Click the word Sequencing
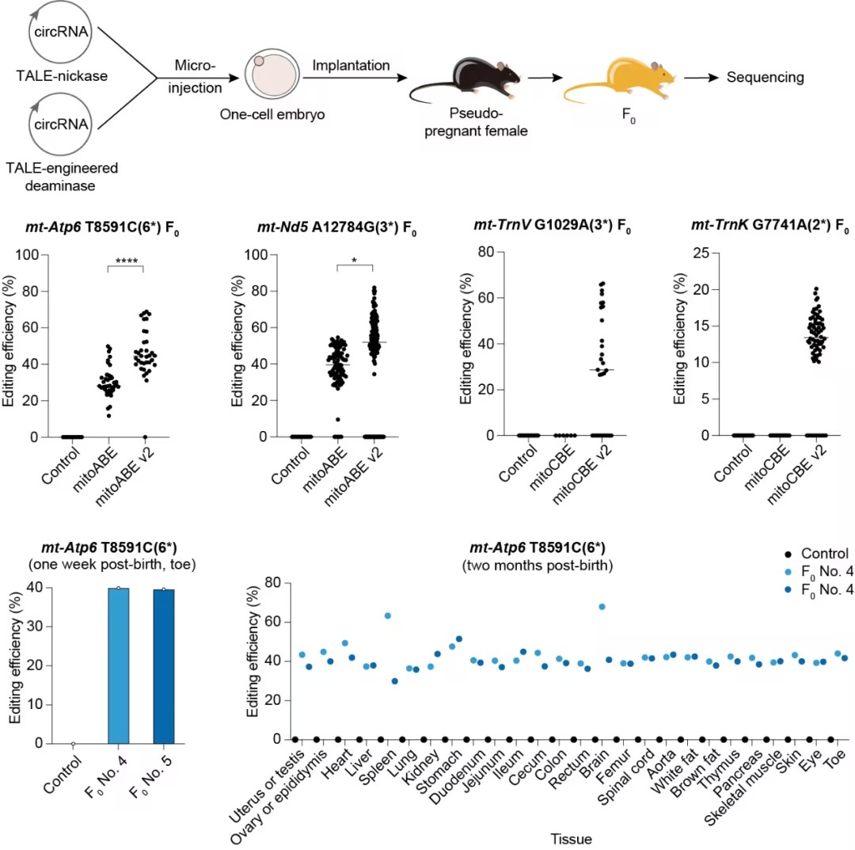[x=765, y=77]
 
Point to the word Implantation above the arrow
[x=351, y=65]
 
